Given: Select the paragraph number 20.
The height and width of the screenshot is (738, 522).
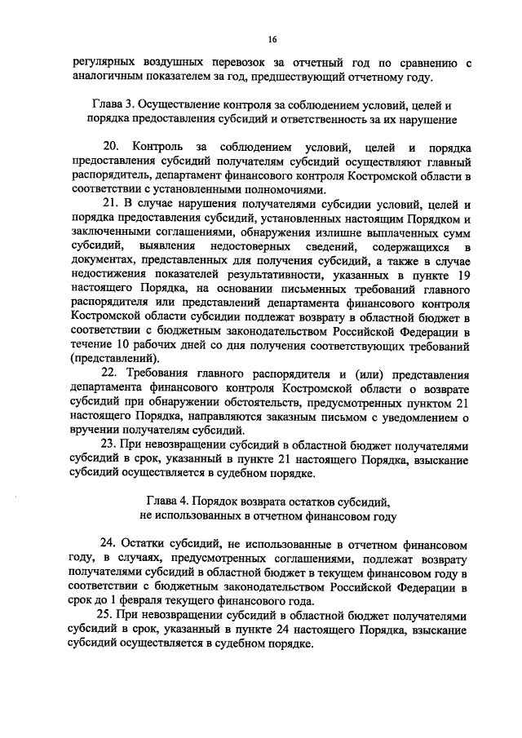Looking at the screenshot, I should coord(108,147).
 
